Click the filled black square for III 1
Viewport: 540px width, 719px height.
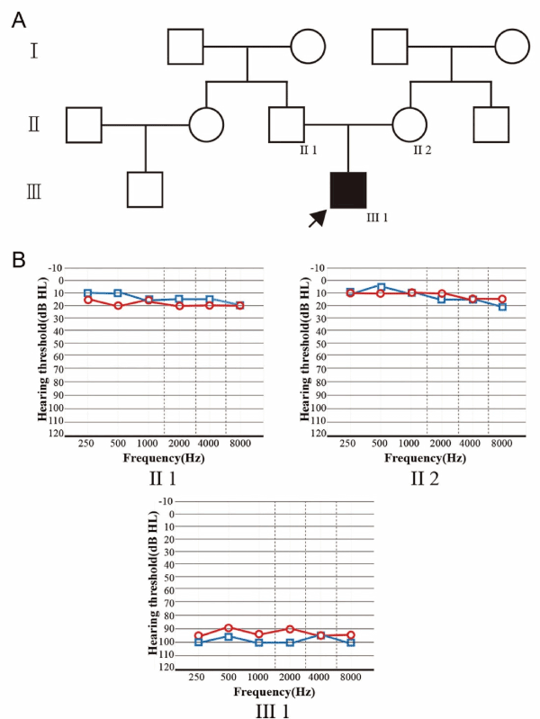point(348,189)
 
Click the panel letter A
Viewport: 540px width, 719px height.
point(18,21)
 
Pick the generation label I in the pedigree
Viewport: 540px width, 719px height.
point(33,49)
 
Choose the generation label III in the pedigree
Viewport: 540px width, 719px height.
point(33,192)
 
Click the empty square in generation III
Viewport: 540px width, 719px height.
point(144,190)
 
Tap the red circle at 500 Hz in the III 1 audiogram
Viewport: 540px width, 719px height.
point(229,627)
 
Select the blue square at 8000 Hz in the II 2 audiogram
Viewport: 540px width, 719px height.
point(502,307)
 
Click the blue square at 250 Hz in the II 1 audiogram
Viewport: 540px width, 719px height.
point(87,292)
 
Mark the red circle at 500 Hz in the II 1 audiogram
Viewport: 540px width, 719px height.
point(118,306)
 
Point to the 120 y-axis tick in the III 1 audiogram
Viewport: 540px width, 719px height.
point(168,667)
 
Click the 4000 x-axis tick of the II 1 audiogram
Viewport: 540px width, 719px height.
point(210,445)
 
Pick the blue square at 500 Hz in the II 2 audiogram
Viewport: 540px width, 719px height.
point(380,286)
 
